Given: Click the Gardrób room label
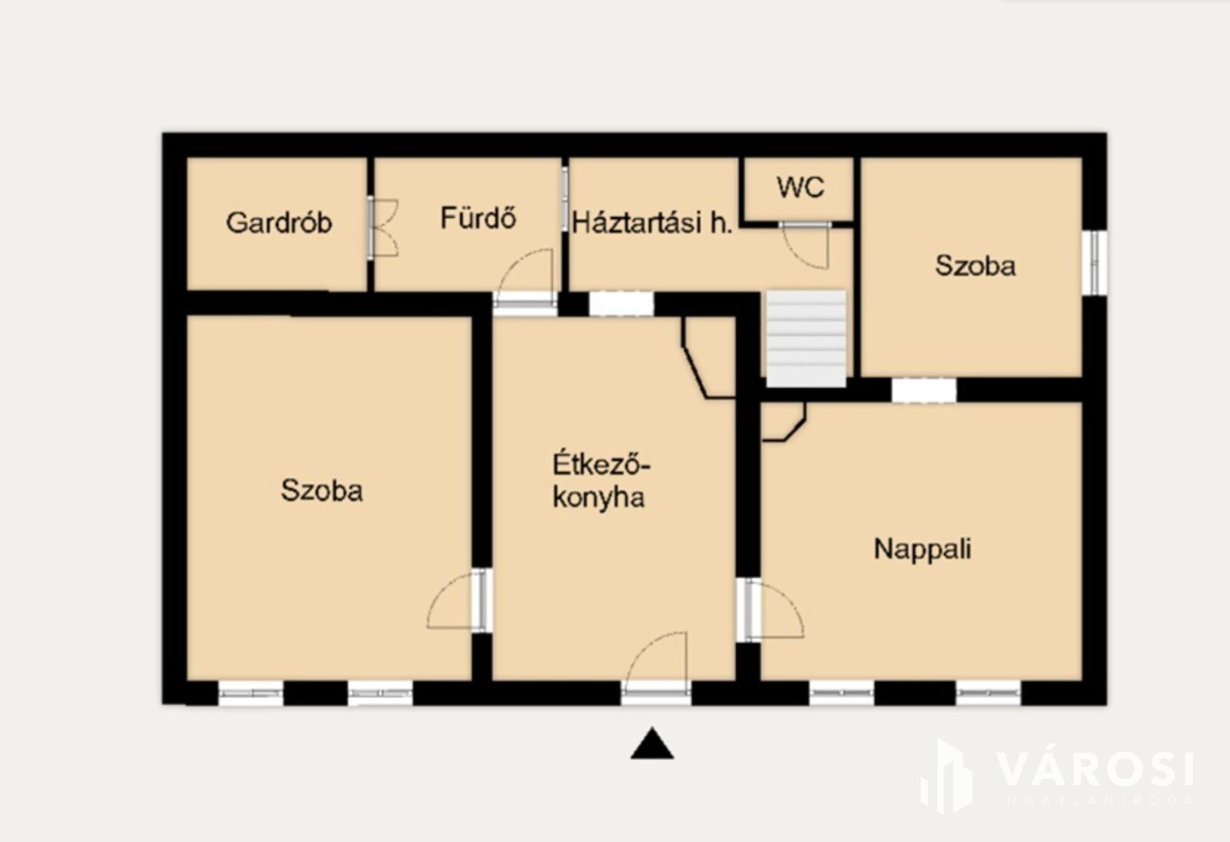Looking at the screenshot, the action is pos(278,223).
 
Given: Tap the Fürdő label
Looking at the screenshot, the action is pos(478,218).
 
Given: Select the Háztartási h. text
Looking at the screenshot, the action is pos(652,224).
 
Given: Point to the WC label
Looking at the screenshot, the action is pos(800,187).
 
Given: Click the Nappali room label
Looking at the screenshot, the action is pos(922,549).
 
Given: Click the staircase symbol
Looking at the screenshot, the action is pos(806,338).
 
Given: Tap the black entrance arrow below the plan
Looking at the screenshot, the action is pos(652,743).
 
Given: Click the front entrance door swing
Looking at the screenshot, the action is pos(655,658).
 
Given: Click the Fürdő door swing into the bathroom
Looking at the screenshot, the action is pos(525,271).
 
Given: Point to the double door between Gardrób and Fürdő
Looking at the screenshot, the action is pos(382,227).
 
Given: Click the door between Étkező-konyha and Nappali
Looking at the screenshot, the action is pos(773,610).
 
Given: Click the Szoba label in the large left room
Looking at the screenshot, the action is pos(322,491).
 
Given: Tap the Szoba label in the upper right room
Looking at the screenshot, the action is pos(975,266).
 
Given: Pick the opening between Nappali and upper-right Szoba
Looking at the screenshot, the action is pos(923,390).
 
